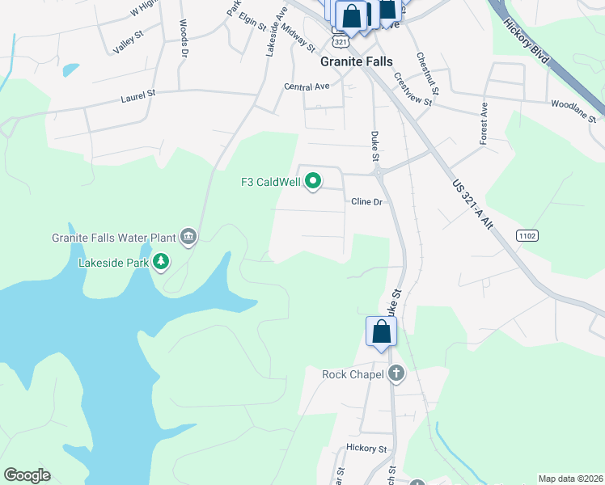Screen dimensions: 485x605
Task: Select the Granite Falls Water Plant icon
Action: (188, 237)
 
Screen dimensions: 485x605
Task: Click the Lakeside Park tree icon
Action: (162, 261)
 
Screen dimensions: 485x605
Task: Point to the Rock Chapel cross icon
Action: (396, 373)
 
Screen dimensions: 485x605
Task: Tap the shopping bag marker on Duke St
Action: (381, 331)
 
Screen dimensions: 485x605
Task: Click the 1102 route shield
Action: (527, 235)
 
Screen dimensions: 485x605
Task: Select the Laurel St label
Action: (137, 95)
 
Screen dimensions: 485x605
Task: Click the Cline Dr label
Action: (366, 201)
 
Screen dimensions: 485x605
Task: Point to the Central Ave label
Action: (307, 86)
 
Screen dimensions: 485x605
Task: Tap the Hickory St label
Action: (366, 448)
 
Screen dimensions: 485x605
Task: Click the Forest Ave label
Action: (484, 123)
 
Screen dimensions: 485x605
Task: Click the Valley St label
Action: (128, 40)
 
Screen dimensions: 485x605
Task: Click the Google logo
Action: (27, 475)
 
